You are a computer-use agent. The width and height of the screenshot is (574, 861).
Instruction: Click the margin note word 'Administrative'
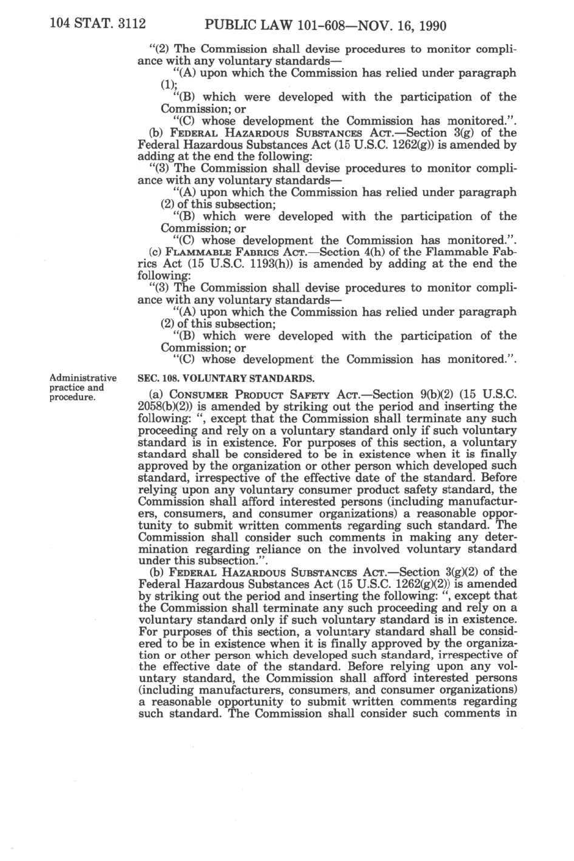(x=82, y=378)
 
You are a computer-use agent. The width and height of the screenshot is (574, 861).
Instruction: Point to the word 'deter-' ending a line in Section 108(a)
(x=498, y=537)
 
